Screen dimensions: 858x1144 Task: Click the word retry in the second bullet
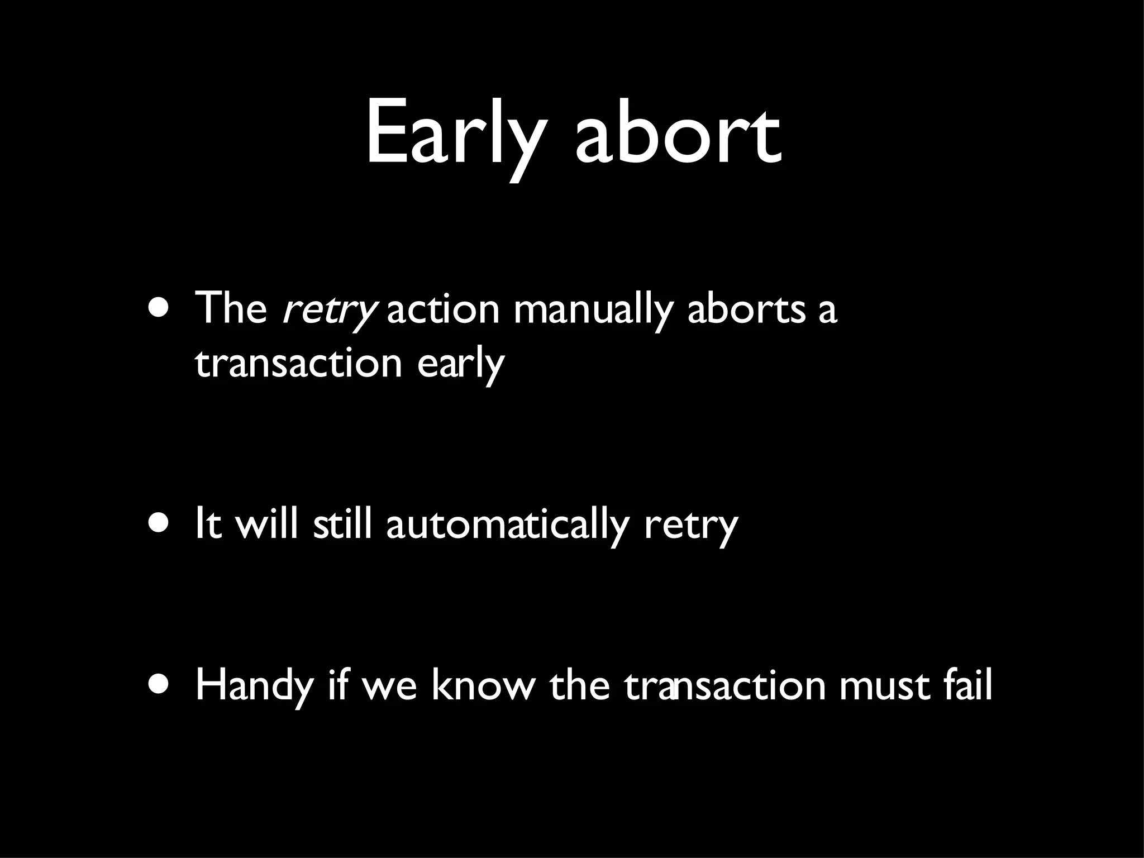(691, 526)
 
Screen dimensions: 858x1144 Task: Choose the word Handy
(254, 686)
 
